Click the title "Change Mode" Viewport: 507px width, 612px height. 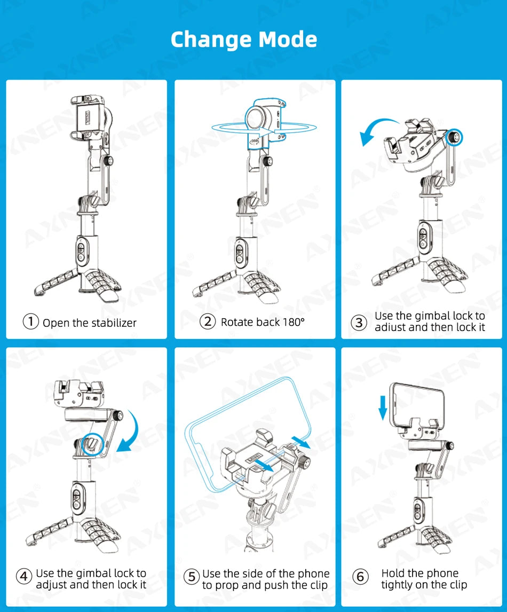click(243, 40)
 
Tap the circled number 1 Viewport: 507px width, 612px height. click(31, 322)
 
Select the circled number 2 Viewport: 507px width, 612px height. click(208, 321)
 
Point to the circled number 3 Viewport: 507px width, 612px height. click(359, 322)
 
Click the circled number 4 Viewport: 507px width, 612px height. click(23, 577)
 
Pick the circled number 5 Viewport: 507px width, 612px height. click(192, 577)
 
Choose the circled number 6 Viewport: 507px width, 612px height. click(361, 577)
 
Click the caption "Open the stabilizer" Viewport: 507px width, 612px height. click(90, 323)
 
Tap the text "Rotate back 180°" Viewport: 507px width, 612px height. click(263, 322)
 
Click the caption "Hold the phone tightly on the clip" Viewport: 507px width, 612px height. click(424, 579)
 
